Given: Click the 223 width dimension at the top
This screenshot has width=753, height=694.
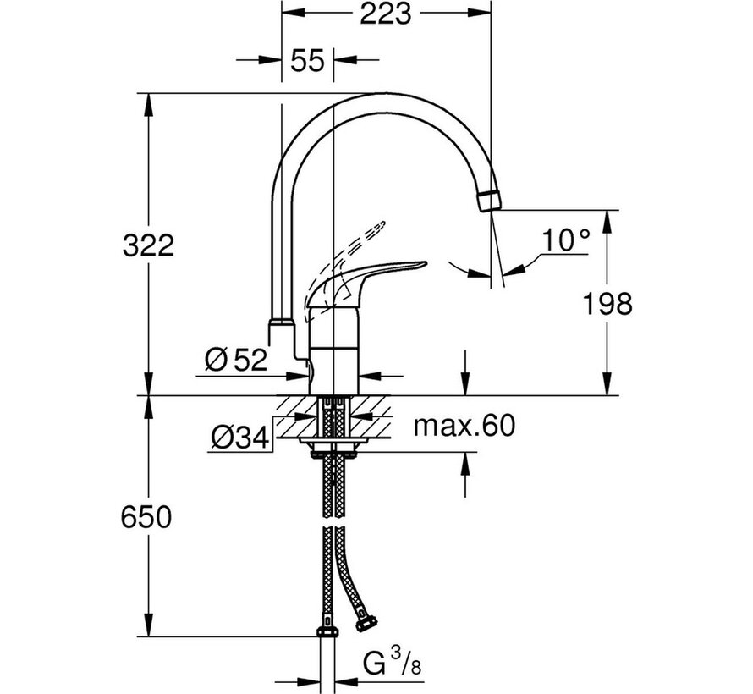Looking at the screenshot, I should pos(384,14).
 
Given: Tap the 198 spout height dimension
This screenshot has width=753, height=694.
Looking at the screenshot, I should pos(605,303).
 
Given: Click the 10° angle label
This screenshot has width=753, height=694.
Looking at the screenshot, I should pos(565,241).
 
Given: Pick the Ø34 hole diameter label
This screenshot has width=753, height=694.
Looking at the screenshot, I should pos(240,438).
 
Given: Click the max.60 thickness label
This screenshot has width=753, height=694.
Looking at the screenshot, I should pos(464,426).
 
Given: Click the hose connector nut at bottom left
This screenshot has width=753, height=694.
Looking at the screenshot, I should pos(326,631).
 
